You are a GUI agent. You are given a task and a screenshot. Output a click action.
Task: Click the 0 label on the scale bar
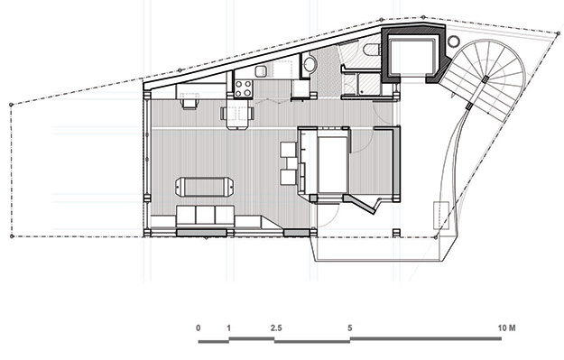199,328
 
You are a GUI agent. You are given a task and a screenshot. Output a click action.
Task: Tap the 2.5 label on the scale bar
276,328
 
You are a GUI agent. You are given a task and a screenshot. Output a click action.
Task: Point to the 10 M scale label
507,328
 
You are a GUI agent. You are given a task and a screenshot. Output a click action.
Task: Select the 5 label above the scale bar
350,328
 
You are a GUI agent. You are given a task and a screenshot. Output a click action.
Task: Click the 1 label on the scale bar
229,328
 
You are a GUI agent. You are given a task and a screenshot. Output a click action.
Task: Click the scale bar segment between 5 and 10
426,338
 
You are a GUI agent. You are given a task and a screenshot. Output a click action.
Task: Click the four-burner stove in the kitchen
243,88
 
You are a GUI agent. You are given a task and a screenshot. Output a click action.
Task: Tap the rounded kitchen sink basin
262,71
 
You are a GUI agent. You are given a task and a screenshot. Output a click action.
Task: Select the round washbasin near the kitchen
309,65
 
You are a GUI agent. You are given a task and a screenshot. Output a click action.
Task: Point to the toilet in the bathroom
371,50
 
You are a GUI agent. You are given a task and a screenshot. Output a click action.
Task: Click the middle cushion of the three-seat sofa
206,215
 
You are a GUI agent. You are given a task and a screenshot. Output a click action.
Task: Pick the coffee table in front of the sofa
205,187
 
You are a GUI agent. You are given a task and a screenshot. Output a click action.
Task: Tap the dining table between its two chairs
237,114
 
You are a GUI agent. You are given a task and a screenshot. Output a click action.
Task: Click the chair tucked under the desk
190,104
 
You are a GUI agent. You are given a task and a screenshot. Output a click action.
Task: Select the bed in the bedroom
332,162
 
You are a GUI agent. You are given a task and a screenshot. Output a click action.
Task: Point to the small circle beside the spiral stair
454,42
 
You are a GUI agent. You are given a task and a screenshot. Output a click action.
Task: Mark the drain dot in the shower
360,93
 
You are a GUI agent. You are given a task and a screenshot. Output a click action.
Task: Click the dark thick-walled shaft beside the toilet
413,54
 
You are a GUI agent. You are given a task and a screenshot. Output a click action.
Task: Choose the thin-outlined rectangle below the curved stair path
441,216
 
